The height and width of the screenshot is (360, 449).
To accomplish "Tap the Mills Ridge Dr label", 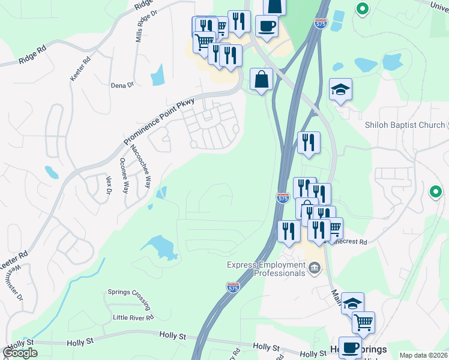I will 142,25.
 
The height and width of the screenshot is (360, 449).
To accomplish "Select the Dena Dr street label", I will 122,85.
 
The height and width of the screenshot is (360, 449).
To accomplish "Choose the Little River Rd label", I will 133,317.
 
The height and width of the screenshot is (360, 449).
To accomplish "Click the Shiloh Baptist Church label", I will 406,125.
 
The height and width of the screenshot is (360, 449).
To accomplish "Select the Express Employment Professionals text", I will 267,269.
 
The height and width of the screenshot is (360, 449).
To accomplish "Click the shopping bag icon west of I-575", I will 261,79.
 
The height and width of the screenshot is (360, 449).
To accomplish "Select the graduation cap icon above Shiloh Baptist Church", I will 340,89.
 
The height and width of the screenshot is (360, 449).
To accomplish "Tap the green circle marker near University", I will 362,9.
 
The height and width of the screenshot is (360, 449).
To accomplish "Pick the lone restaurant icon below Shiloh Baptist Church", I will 309,143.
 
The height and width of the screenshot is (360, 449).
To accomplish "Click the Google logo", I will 20,352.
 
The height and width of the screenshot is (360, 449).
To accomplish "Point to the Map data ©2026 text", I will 424,355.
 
